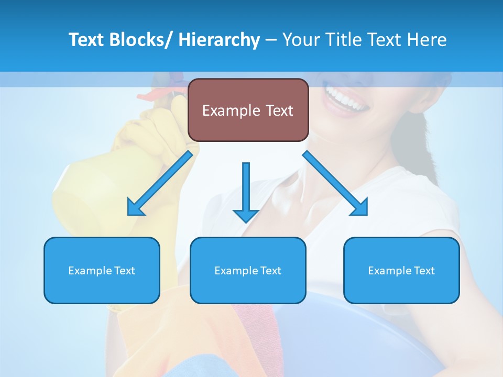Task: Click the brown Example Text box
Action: coord(248,110)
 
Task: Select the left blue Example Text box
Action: coord(102,270)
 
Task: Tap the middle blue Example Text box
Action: coord(248,270)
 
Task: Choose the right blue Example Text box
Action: coord(401,270)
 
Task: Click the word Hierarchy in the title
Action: coord(219,40)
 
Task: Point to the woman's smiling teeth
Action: coord(346,98)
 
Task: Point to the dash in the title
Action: coord(271,40)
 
